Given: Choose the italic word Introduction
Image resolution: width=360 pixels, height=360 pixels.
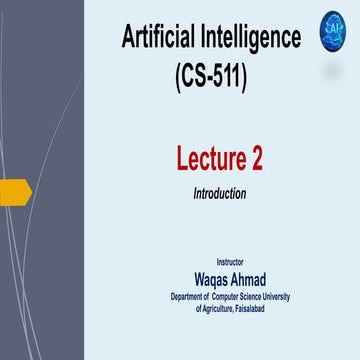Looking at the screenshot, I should [219, 192].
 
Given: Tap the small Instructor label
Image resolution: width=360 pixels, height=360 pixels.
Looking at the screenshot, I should [229, 261].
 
